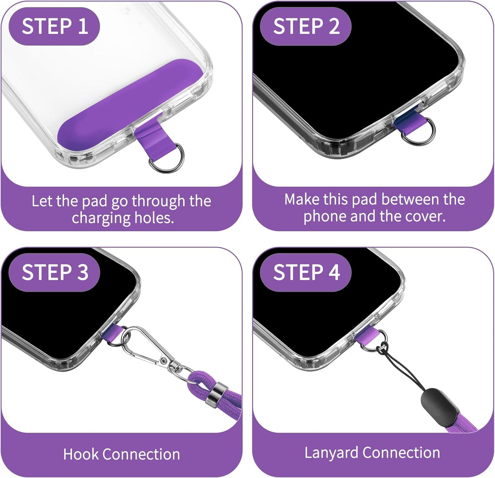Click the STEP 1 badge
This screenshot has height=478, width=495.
pos(54,26)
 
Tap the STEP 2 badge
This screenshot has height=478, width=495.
pos(306,26)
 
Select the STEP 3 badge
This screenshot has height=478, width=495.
pos(54,272)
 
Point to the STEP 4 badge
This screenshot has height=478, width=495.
pos(306,272)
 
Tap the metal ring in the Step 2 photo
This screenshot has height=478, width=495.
pos(419,131)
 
